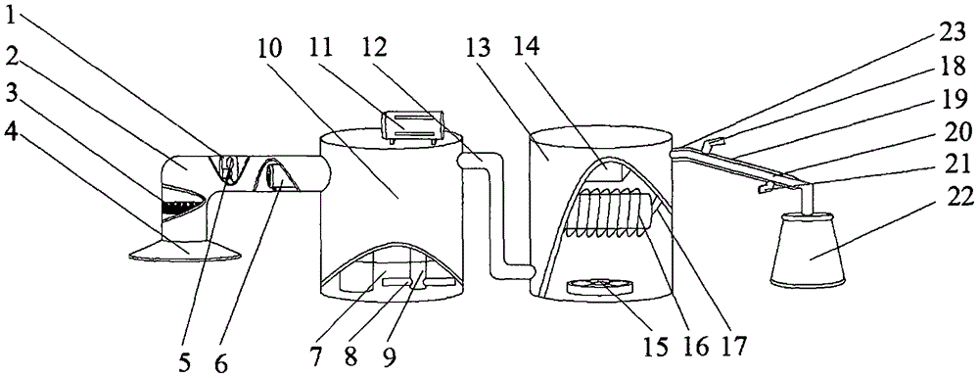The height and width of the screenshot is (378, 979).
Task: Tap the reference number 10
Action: [x=269, y=47]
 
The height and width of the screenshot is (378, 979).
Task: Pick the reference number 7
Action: [x=316, y=356]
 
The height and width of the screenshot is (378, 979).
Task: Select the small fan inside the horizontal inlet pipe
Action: [x=228, y=168]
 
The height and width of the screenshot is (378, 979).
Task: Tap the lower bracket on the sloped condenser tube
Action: [x=768, y=187]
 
